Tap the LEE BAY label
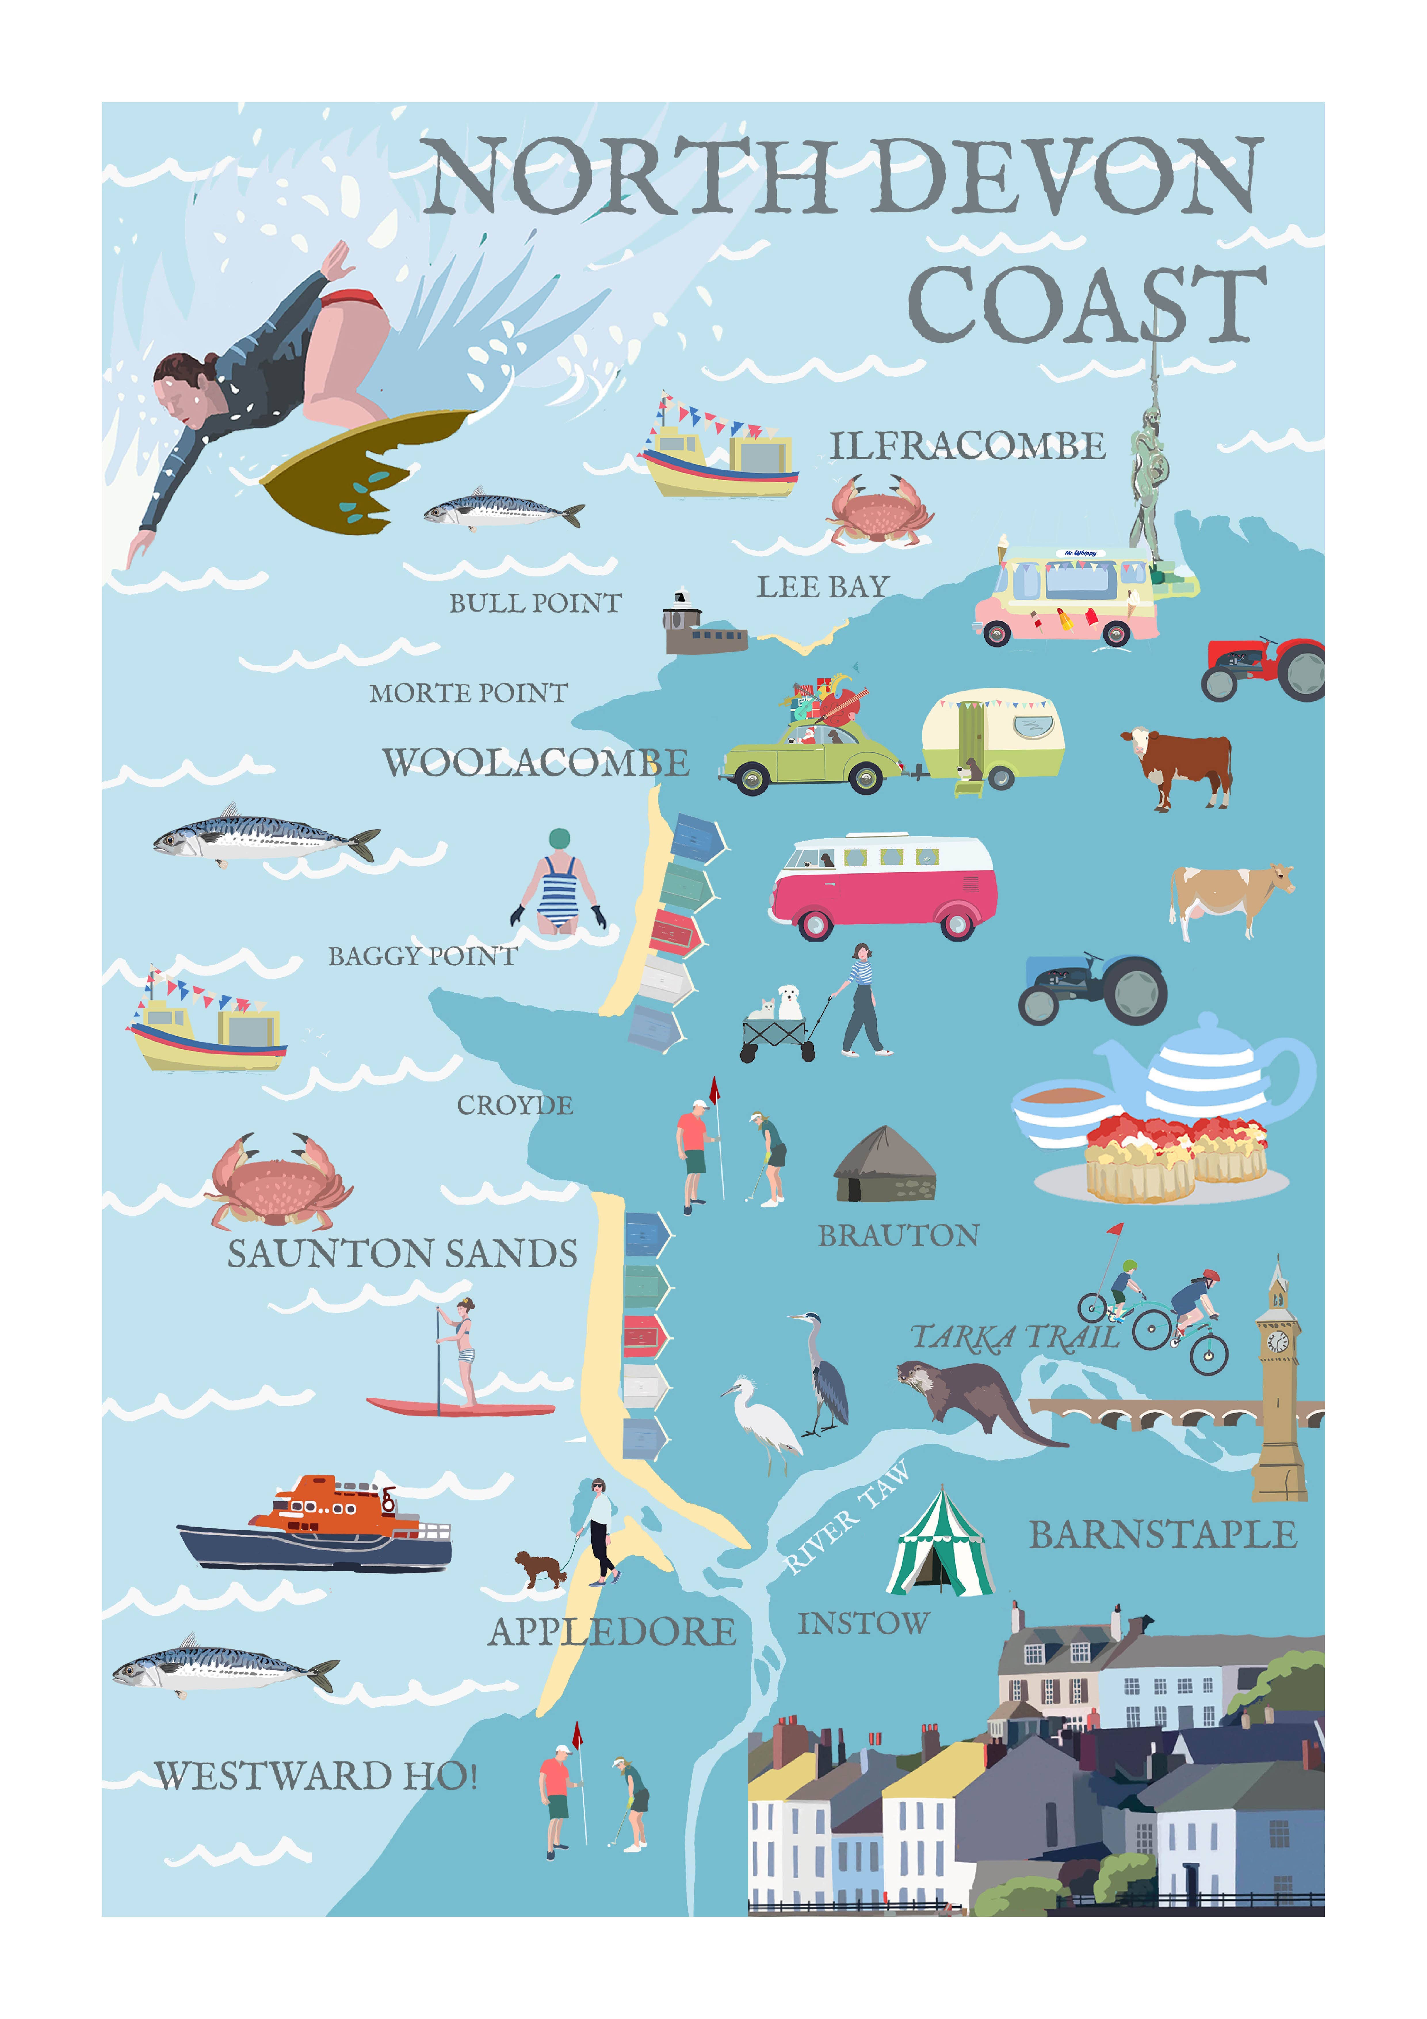click(823, 586)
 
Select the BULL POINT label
click(536, 603)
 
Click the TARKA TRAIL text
click(1015, 1338)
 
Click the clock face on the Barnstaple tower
click(1277, 1341)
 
